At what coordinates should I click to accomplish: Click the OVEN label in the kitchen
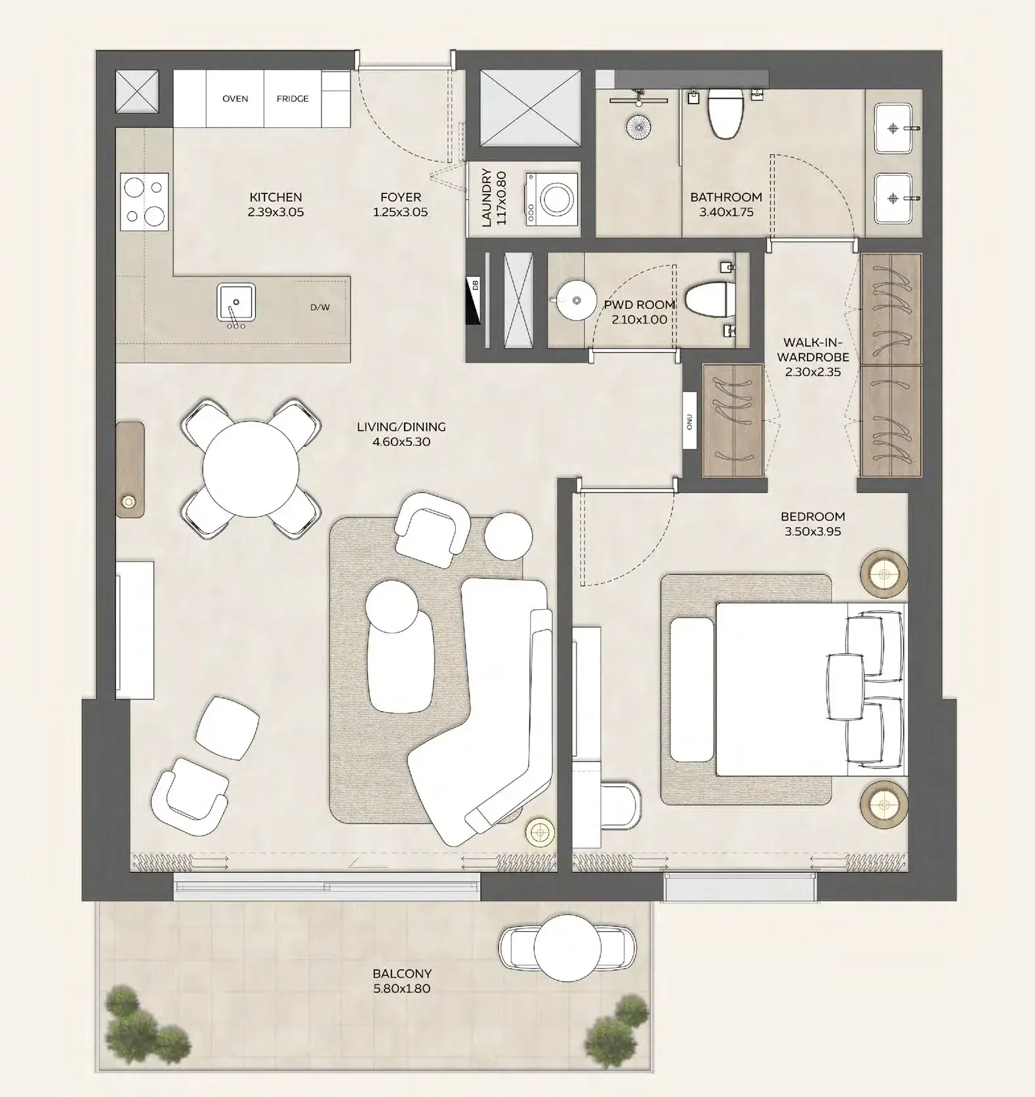(x=235, y=99)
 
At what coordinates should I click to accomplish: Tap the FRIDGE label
(x=293, y=99)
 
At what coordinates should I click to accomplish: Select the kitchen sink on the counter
(x=236, y=303)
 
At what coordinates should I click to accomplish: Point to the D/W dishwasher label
(x=320, y=308)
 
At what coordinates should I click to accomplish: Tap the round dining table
(x=251, y=469)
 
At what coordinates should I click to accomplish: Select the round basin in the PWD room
(x=577, y=300)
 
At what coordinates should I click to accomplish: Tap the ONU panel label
(x=689, y=420)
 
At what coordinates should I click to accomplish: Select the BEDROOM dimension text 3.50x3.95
(x=813, y=532)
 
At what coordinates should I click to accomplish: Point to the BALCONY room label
(x=402, y=974)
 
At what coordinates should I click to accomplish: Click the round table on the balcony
(x=567, y=947)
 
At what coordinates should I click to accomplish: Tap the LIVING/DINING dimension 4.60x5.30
(x=401, y=442)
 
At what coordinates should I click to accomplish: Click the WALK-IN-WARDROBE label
(x=813, y=350)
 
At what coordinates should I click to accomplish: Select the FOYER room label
(x=401, y=197)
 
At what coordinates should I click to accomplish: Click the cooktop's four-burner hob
(x=144, y=201)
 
